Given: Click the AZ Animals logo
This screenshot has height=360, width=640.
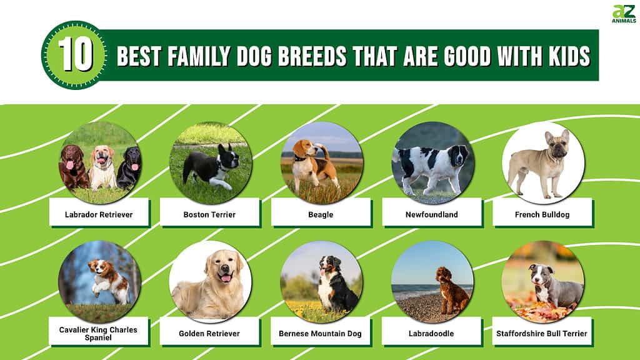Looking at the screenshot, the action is coord(624,14).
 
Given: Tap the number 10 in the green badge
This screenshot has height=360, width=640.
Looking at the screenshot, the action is coord(76,55).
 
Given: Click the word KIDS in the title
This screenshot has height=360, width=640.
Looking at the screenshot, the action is coord(569,56).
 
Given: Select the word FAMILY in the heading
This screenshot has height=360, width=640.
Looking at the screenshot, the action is coord(199,56).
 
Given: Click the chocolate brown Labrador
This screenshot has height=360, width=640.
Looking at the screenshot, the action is coord(74,166).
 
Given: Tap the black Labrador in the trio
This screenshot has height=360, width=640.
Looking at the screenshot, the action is coord(129,167).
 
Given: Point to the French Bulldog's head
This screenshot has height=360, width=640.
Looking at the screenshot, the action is coord(557,144).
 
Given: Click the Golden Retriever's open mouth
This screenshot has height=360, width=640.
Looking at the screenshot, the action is coord(225,278).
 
